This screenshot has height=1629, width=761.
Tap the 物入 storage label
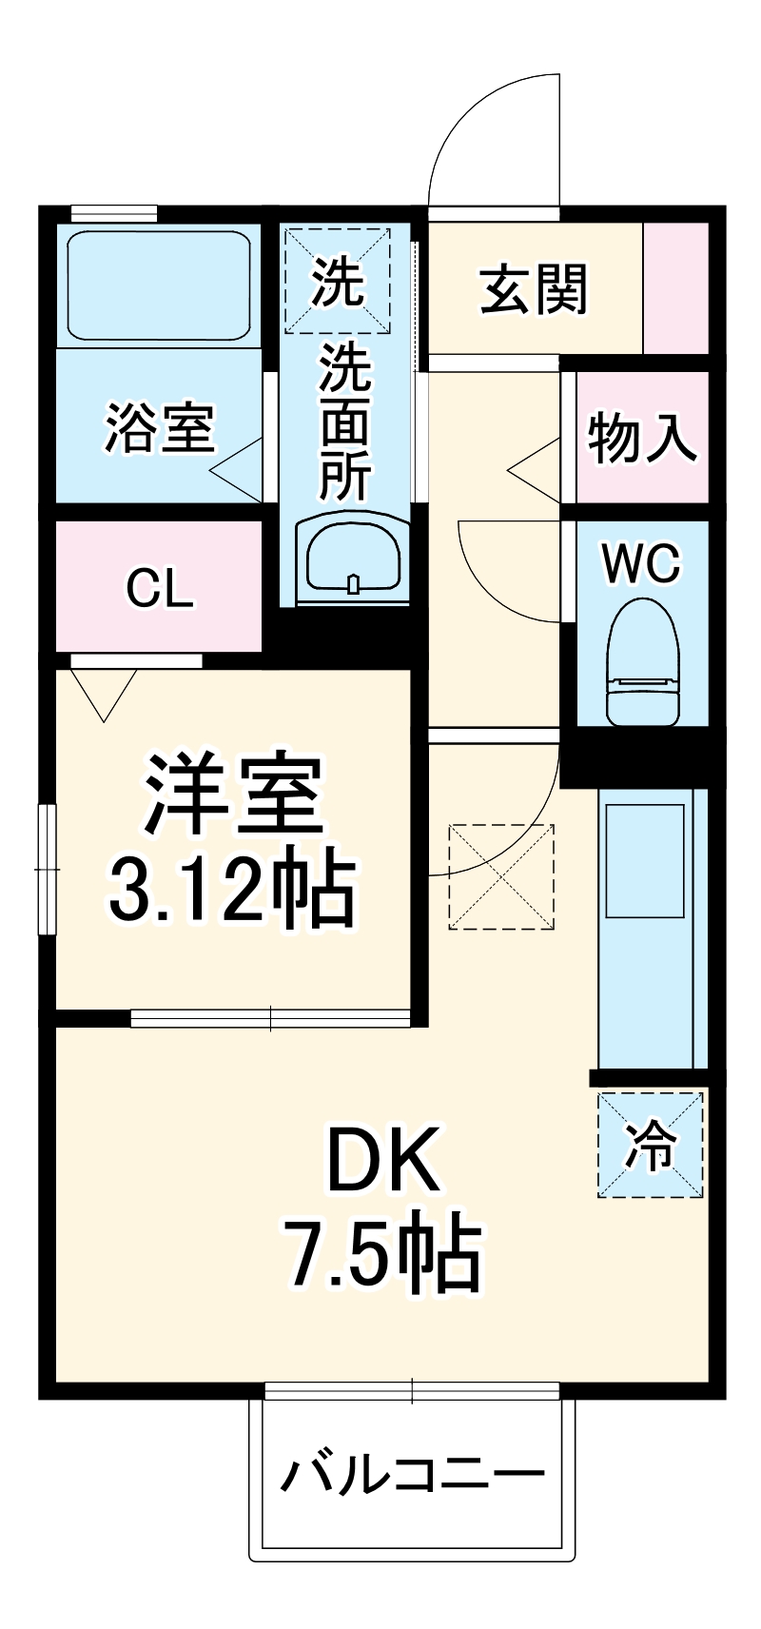643,438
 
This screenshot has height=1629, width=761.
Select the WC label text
642,564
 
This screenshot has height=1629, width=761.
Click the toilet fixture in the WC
644,661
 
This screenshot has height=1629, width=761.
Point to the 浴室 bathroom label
160,428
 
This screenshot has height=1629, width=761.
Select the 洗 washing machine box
338,281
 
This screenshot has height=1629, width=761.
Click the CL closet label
160,588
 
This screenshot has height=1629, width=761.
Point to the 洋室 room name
233,795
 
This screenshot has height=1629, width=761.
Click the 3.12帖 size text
233,890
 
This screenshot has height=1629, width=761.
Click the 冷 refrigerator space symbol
651,1145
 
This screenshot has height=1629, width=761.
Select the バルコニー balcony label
413,1476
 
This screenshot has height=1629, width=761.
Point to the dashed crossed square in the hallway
501,876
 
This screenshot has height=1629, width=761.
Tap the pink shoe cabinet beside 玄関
676,288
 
